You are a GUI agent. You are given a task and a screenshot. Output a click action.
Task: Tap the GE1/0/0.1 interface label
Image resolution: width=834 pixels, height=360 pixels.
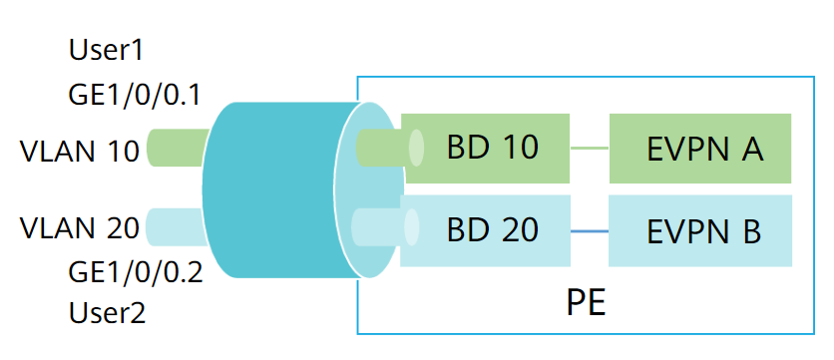coord(135,95)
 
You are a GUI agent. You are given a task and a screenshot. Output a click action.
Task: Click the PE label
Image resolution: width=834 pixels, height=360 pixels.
coord(586,300)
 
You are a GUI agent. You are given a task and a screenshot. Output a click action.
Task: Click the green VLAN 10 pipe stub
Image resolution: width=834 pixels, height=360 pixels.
coord(176,148)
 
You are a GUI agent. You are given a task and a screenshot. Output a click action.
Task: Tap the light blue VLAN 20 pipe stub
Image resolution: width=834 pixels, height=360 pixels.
coord(174,226)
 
